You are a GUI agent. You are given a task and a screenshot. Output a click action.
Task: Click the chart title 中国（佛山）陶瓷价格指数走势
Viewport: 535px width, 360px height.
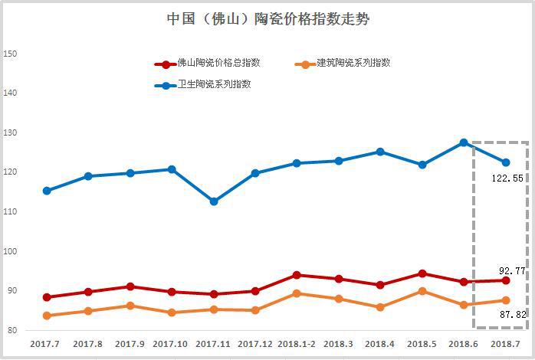267,19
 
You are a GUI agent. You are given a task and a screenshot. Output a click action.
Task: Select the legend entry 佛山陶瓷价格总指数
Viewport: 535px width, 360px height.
218,64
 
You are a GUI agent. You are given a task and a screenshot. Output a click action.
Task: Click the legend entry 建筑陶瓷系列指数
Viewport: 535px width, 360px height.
354,64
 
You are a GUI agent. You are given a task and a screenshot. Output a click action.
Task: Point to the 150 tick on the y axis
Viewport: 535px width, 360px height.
11,54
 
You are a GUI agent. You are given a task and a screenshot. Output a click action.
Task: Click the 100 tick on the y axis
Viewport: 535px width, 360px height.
11,251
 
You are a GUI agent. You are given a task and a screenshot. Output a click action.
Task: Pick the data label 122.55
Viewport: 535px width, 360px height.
507,178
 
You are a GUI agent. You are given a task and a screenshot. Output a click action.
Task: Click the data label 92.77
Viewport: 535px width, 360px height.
510,270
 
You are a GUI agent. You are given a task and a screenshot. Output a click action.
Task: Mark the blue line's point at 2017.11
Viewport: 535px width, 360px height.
214,201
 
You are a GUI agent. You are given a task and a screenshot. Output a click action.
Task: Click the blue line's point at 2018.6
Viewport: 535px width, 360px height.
464,142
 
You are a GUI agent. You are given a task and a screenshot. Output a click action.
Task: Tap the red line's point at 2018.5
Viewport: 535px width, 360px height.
422,273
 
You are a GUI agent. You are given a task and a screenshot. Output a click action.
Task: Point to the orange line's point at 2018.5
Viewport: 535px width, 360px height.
422,291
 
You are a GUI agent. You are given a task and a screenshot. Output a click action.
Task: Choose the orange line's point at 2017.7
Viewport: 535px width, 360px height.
48,316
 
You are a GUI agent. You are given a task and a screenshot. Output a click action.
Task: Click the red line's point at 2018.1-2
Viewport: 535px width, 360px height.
297,275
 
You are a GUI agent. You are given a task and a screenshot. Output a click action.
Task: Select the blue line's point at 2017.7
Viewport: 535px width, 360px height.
48,191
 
